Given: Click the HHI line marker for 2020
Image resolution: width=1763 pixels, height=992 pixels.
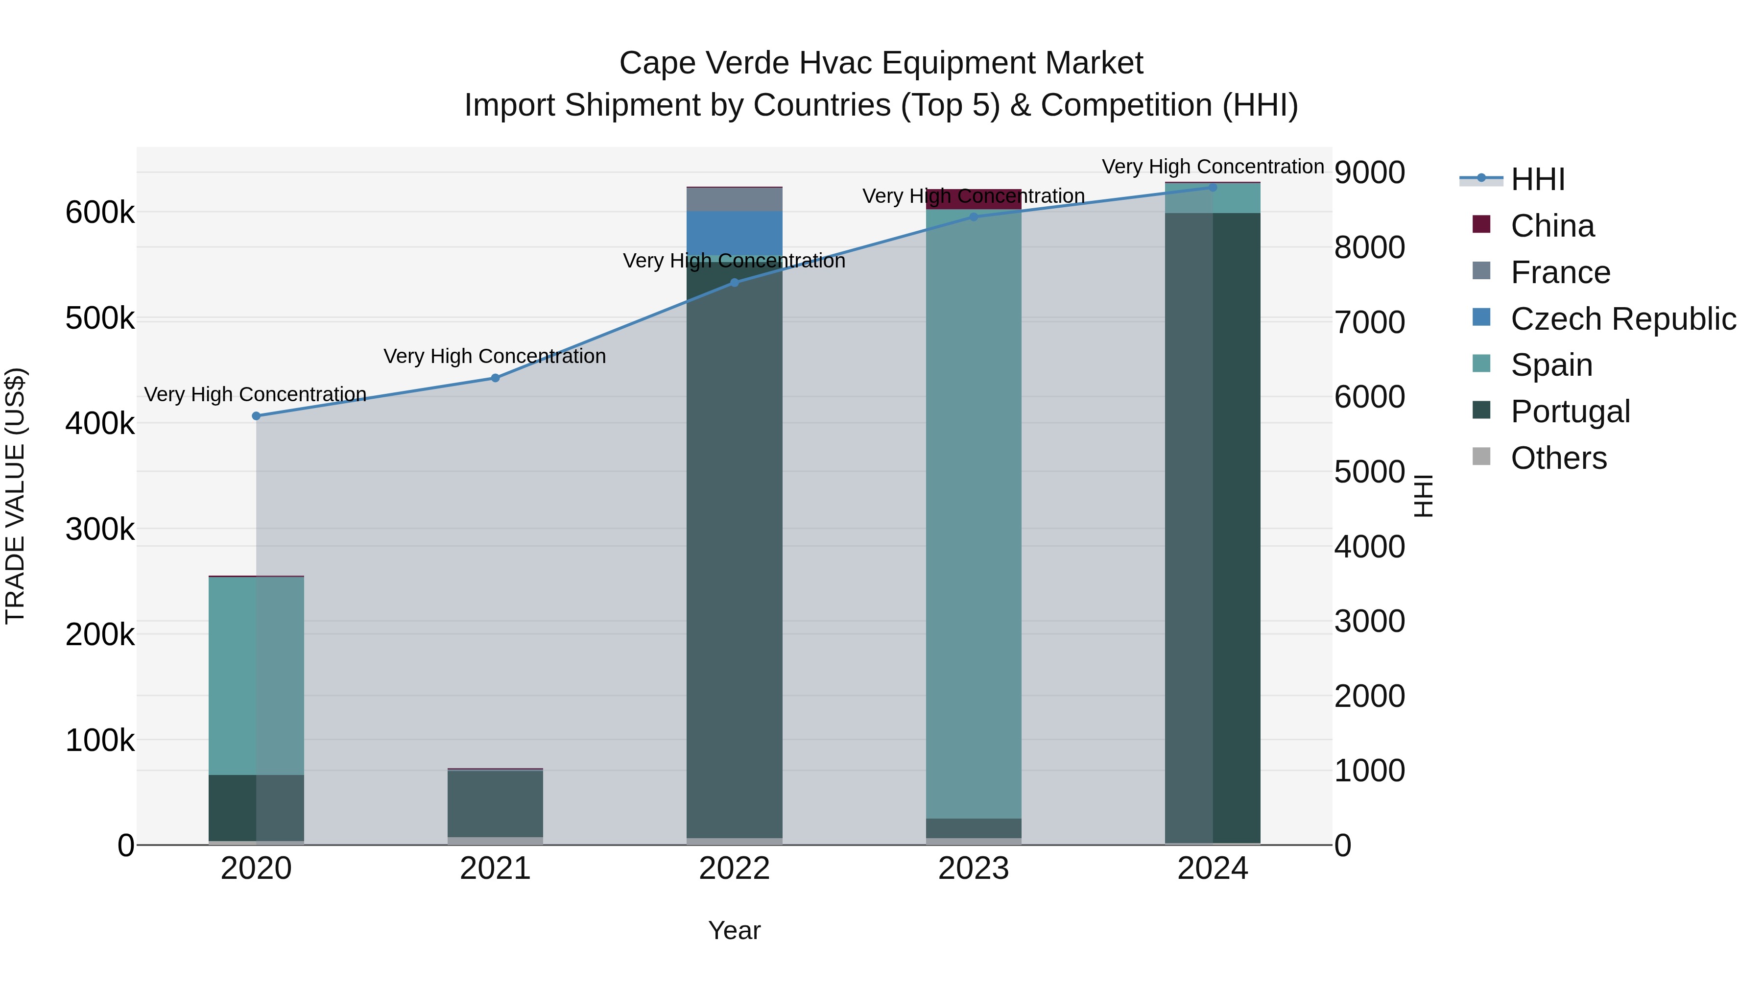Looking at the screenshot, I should pyautogui.click(x=256, y=415).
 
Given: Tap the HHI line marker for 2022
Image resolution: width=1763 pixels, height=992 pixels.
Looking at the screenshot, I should pyautogui.click(x=735, y=282).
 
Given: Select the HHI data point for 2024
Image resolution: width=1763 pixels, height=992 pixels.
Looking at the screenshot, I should pyautogui.click(x=1212, y=187).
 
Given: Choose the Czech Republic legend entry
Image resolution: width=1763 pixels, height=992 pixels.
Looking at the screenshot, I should pyautogui.click(x=1623, y=319).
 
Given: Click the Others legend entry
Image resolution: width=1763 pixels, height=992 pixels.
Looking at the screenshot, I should pyautogui.click(x=1558, y=458).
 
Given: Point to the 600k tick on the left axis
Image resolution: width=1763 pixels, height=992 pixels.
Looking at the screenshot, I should pyautogui.click(x=100, y=212).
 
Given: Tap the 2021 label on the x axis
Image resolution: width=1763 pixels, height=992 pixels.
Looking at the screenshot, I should pyautogui.click(x=495, y=869).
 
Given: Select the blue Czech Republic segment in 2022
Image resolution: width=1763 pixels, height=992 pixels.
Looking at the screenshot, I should pyautogui.click(x=735, y=233).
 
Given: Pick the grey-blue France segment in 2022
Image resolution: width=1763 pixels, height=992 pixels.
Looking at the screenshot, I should pyautogui.click(x=735, y=199).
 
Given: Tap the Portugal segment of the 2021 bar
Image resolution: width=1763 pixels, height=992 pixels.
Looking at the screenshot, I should pyautogui.click(x=495, y=802).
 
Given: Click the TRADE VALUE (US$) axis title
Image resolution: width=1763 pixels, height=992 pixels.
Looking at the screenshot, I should pyautogui.click(x=15, y=496).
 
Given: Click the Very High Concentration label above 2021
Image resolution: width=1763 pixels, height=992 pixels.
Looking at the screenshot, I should pyautogui.click(x=495, y=356).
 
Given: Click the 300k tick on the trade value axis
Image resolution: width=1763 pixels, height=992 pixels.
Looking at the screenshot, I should pyautogui.click(x=100, y=529).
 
